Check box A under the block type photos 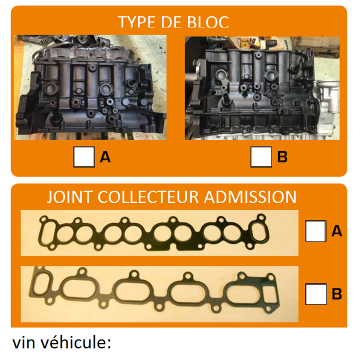click(x=84, y=157)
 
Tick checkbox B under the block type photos click(x=261, y=157)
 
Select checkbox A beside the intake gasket click(x=315, y=231)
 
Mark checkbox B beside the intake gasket click(x=315, y=294)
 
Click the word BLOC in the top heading click(x=208, y=22)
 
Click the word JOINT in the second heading click(x=69, y=197)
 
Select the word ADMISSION click(x=250, y=197)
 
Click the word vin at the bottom click(x=24, y=343)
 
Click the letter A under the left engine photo click(x=105, y=157)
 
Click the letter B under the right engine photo click(x=282, y=157)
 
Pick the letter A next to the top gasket click(x=337, y=231)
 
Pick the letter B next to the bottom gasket click(x=337, y=294)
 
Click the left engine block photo click(x=90, y=87)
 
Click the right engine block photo click(x=262, y=88)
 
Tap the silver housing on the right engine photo click(x=327, y=96)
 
